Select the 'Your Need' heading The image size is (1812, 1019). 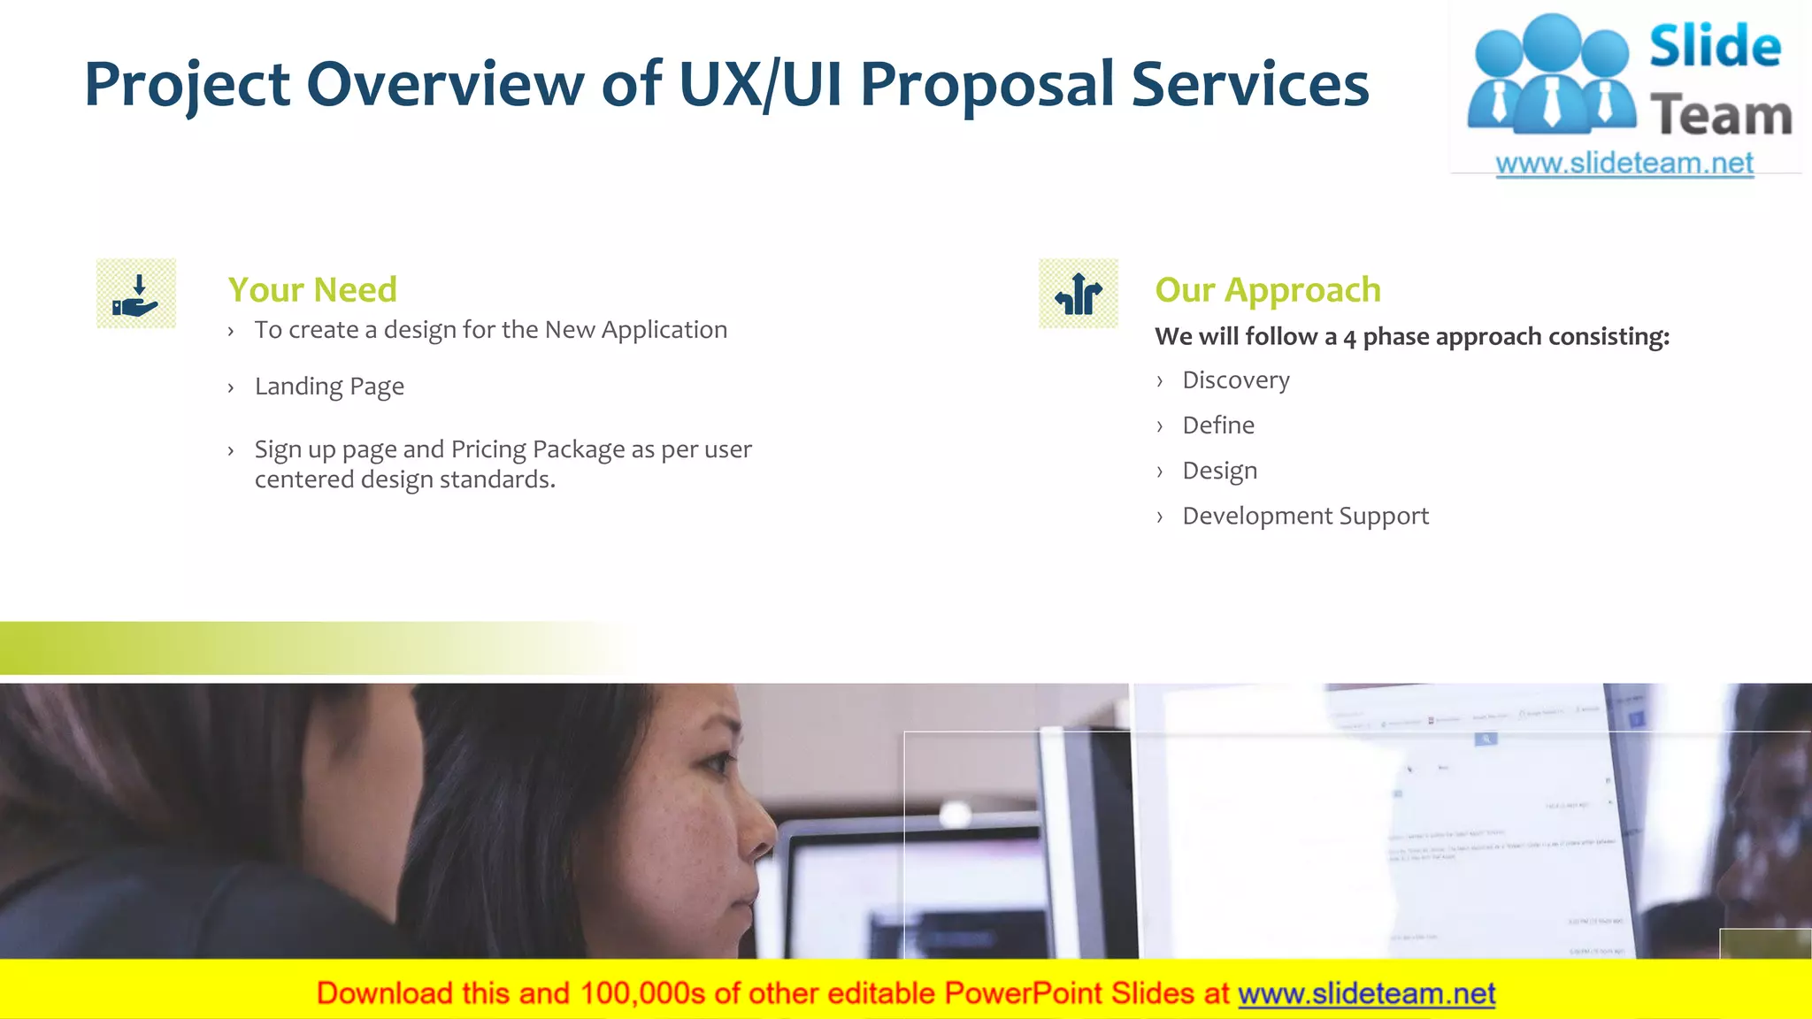(x=312, y=289)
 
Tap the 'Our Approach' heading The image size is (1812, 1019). (x=1268, y=289)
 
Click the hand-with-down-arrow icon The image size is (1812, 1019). (x=136, y=294)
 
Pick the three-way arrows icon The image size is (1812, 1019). (x=1079, y=294)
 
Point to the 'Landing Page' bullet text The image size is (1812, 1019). (x=329, y=387)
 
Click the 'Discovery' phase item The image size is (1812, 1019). (x=1236, y=380)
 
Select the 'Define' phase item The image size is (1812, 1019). (x=1218, y=425)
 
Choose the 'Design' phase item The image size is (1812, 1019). (x=1219, y=471)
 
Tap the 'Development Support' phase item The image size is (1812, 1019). (x=1305, y=516)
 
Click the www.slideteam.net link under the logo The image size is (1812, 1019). (x=1624, y=164)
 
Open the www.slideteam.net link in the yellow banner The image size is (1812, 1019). (x=1366, y=993)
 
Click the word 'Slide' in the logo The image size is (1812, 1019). (x=1715, y=46)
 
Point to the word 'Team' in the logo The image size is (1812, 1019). (x=1721, y=116)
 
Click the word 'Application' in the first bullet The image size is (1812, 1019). (x=664, y=330)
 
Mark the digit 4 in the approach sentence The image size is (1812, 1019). (x=1349, y=338)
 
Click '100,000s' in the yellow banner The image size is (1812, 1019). (x=642, y=993)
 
